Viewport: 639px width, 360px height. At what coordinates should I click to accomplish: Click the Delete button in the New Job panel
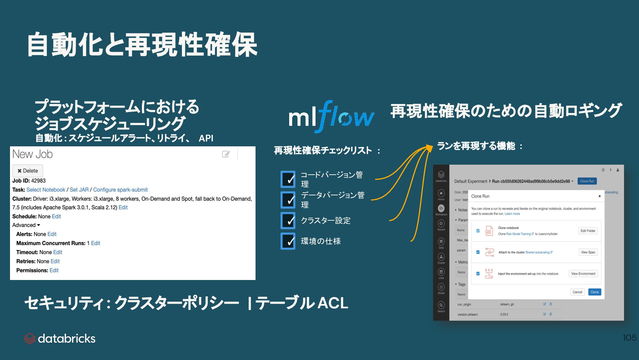click(x=28, y=171)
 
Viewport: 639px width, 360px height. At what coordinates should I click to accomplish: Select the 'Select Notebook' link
click(x=46, y=190)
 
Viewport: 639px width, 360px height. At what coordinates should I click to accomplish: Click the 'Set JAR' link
click(x=79, y=190)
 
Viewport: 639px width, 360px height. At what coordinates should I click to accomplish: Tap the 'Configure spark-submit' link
click(x=120, y=190)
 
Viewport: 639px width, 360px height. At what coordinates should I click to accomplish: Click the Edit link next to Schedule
click(x=56, y=216)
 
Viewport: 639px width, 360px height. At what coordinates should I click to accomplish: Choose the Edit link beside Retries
click(x=55, y=261)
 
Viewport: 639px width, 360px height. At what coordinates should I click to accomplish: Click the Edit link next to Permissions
click(x=54, y=270)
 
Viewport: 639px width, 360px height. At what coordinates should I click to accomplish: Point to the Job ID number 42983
click(x=38, y=181)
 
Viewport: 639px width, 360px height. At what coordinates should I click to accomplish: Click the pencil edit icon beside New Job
click(x=226, y=154)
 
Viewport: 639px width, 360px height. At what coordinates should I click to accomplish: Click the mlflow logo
click(x=331, y=117)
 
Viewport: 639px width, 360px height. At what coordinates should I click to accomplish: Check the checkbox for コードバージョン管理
click(x=288, y=179)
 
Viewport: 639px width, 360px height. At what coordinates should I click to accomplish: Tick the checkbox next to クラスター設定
click(x=288, y=221)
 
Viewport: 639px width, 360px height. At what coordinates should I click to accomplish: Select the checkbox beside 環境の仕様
click(x=288, y=241)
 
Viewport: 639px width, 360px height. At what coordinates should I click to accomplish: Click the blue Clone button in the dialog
click(x=594, y=292)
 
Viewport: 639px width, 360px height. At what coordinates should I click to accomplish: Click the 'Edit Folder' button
click(x=588, y=231)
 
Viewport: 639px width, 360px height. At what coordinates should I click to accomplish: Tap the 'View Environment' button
click(x=583, y=274)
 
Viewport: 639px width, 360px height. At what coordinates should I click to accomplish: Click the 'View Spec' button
click(x=588, y=252)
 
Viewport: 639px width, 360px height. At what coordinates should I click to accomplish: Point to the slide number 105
click(x=629, y=338)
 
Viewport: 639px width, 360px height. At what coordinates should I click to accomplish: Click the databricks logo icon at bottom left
click(x=30, y=339)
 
